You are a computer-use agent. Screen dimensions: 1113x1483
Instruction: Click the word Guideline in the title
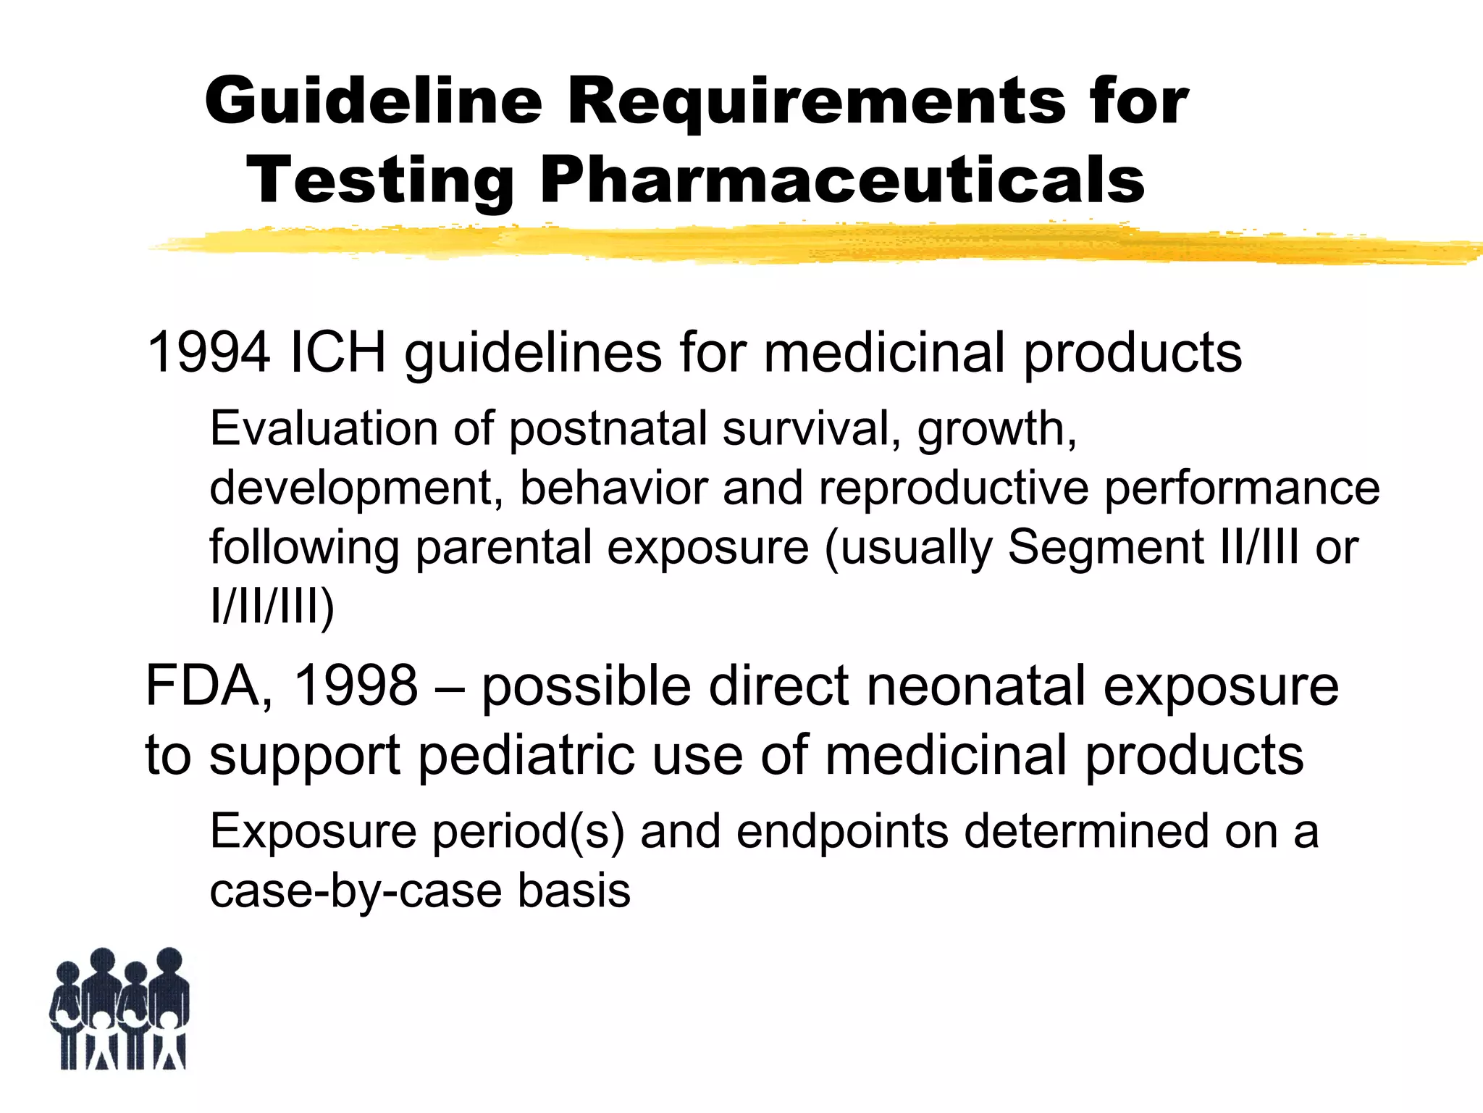point(373,101)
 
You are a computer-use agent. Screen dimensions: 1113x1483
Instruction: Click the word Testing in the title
point(380,182)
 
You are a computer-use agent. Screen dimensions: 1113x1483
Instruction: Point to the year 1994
point(209,352)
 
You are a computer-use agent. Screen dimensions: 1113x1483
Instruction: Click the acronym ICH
point(337,352)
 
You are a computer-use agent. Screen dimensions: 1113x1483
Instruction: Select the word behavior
point(613,488)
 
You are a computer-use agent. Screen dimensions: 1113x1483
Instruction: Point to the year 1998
point(356,685)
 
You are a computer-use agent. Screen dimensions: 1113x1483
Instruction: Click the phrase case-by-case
point(355,891)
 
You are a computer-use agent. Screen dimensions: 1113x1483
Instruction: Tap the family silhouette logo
point(119,1009)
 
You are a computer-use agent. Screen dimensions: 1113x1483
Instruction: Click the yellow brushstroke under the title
point(797,244)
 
